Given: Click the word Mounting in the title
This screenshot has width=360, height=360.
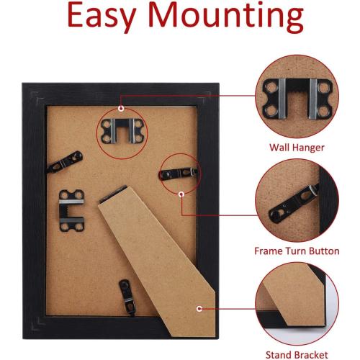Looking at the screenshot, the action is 226,16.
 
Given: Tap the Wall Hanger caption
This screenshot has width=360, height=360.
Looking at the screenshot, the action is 297,148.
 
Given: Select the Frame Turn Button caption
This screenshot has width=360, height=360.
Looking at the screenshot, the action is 297,251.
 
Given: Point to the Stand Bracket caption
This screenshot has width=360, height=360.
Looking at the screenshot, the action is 297,355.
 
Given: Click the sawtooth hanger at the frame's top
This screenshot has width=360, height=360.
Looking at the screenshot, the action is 122,131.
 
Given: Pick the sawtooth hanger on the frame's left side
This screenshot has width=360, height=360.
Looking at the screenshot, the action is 71,211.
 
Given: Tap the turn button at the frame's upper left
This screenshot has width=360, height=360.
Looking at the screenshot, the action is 65,162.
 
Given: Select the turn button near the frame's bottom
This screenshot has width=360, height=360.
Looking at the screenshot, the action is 127,297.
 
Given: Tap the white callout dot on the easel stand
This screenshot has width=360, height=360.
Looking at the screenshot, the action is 199,309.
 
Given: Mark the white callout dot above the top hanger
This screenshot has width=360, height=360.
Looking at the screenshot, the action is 121,109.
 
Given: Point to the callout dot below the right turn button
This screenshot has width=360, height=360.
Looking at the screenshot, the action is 181,194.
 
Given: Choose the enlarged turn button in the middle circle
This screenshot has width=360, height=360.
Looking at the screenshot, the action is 294,204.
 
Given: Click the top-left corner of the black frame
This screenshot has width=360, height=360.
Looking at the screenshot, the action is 22,83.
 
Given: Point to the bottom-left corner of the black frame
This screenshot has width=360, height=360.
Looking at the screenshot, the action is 23,339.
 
